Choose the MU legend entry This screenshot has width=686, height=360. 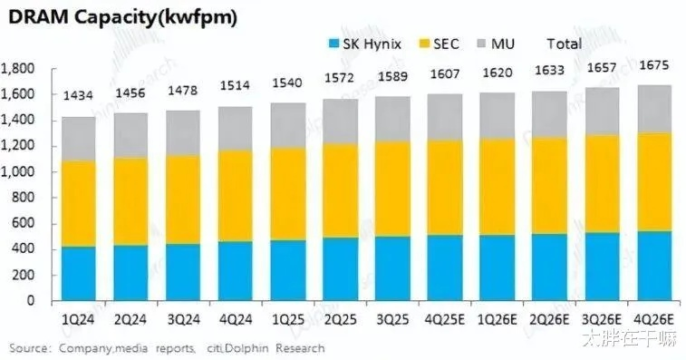(512, 43)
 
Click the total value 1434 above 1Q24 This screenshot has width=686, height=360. (79, 97)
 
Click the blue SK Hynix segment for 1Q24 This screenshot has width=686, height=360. (79, 273)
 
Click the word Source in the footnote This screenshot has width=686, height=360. (30, 347)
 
